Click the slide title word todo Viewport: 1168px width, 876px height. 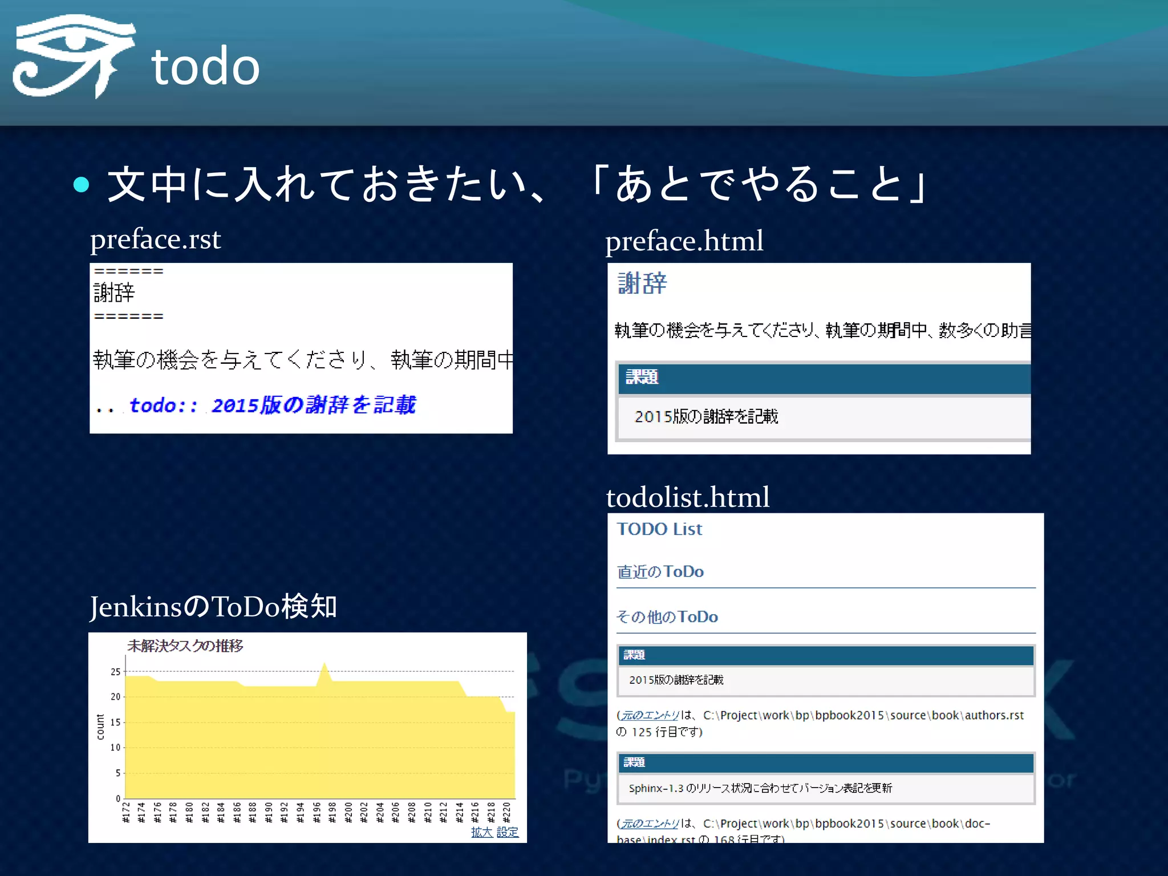(205, 67)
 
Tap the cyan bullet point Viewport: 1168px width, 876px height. (82, 184)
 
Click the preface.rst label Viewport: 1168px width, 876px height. (155, 239)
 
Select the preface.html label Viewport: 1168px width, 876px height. (684, 241)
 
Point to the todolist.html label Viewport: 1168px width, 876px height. (687, 497)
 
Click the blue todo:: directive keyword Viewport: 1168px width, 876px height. (163, 405)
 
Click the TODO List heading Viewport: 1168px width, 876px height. (659, 529)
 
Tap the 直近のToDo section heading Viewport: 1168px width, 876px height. (660, 571)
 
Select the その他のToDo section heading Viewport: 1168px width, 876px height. (667, 617)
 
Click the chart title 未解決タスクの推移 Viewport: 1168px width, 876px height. (185, 646)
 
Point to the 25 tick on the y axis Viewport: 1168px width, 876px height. (116, 672)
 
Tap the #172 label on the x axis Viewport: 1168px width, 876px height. (127, 813)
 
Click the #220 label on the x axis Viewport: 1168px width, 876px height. (506, 813)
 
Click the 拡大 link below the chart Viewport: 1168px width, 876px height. (481, 832)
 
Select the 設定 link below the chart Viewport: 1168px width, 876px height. (507, 832)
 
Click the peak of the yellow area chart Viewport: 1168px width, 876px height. (325, 664)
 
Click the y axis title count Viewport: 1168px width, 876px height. (101, 727)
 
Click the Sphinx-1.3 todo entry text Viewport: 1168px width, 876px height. (760, 788)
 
